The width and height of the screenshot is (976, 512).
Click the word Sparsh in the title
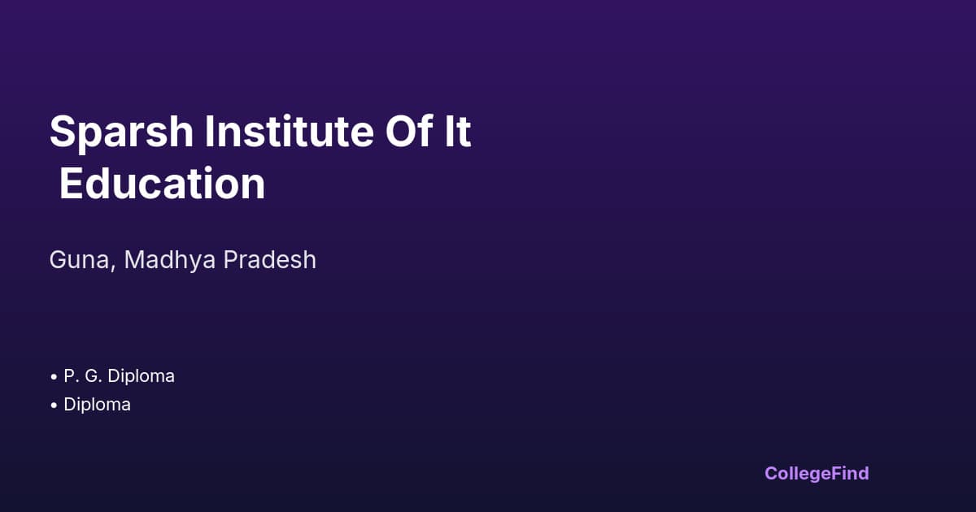pos(121,132)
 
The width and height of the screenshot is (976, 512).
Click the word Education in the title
pos(162,184)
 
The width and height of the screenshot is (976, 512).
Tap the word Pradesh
pos(270,260)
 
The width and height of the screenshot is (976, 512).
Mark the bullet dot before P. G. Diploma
pos(53,377)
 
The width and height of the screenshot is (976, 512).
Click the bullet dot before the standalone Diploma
pos(53,405)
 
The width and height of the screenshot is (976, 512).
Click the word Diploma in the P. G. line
pos(141,376)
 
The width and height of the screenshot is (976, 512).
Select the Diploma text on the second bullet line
pos(97,404)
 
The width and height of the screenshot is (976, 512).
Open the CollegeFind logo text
pos(817,473)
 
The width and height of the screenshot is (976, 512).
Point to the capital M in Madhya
pos(136,260)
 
